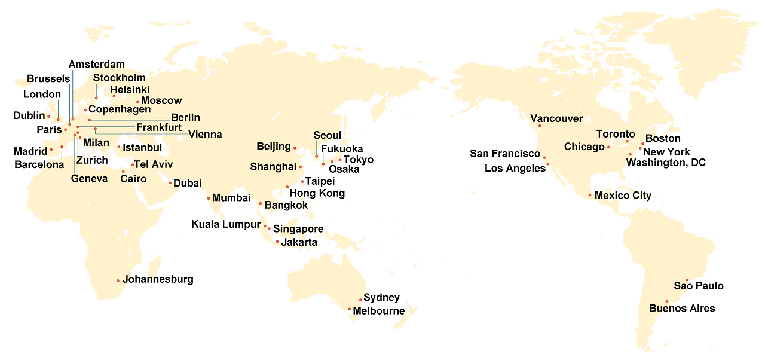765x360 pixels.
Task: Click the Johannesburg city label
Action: pos(158,279)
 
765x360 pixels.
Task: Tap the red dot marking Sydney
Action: pos(360,300)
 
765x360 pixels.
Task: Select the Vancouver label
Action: pos(556,118)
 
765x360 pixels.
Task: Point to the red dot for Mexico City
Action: pos(590,196)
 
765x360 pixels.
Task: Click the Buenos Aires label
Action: pos(682,309)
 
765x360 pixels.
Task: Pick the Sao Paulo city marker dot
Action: pos(687,280)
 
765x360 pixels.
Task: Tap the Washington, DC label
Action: pos(666,163)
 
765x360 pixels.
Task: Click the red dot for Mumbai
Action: pos(208,198)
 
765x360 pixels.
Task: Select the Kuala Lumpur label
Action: pos(226,224)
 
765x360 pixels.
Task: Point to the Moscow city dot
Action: pos(137,102)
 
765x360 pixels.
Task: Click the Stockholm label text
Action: pos(119,78)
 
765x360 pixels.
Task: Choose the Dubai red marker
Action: pos(170,183)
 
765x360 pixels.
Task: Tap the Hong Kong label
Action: pos(317,193)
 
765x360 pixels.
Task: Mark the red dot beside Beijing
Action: pos(295,147)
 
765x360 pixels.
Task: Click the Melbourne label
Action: pos(378,311)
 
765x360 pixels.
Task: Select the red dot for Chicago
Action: pos(608,147)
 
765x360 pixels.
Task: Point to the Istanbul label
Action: pos(142,147)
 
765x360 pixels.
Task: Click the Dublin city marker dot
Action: pos(48,116)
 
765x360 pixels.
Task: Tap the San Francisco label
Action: pos(505,154)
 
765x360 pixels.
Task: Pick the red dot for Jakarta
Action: pos(277,242)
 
